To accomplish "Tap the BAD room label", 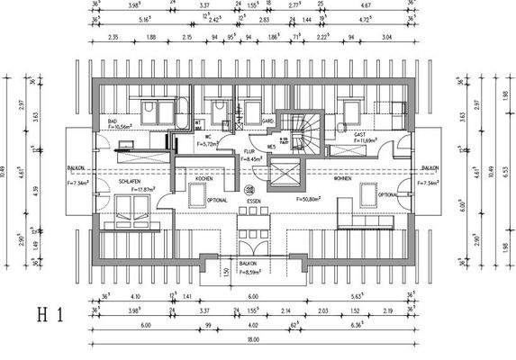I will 113,121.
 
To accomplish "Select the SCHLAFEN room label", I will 129,181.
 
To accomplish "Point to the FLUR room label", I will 249,151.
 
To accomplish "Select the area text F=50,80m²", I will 311,196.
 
